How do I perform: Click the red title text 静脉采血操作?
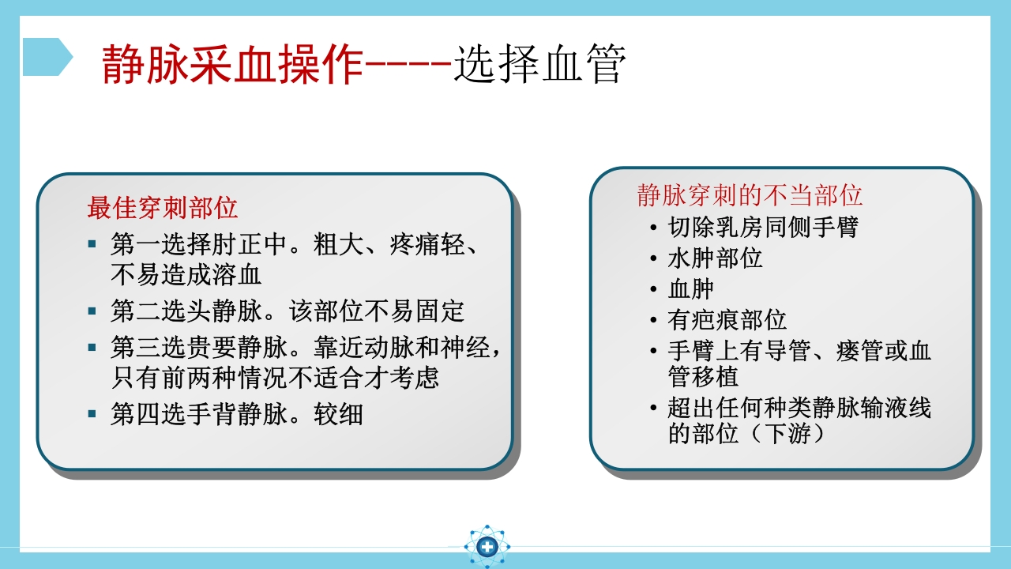232,65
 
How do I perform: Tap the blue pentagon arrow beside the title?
47,57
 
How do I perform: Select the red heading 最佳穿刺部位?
162,208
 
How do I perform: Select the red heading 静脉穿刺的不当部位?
750,194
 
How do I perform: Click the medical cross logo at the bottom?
487,546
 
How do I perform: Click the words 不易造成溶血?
186,275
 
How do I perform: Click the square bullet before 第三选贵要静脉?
92,347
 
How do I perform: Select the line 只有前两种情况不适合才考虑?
275,378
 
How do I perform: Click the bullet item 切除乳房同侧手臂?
763,228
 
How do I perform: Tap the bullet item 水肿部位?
715,258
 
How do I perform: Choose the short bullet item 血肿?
691,289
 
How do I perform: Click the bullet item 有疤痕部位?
727,320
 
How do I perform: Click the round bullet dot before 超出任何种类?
652,409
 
